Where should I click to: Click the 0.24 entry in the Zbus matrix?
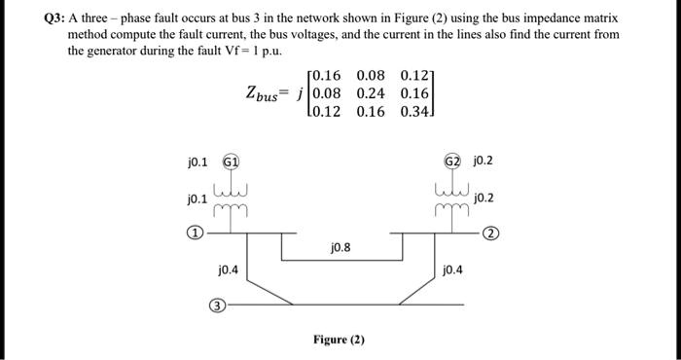[x=374, y=93]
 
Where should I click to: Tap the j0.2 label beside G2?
[x=482, y=162]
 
